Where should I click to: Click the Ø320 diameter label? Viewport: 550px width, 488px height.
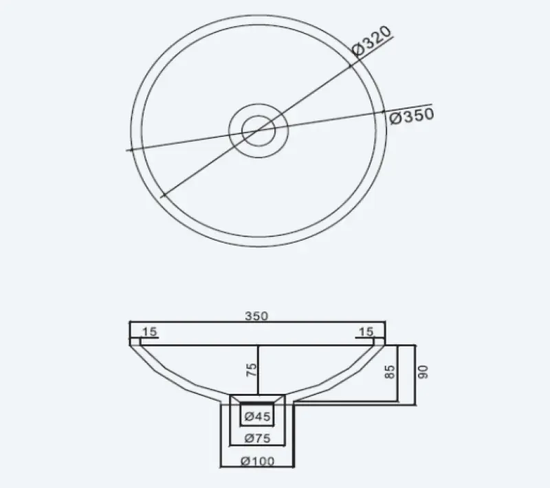(x=371, y=42)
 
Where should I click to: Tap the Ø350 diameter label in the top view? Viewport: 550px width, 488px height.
(x=412, y=116)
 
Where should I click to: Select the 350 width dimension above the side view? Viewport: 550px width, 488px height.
(x=256, y=316)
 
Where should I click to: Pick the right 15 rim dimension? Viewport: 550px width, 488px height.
(x=364, y=332)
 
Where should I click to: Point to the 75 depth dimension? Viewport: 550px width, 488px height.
(x=252, y=369)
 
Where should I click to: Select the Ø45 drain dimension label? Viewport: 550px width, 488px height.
(x=256, y=416)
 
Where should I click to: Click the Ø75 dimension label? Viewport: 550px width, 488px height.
(x=256, y=437)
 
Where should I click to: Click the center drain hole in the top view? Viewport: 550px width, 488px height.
(x=256, y=129)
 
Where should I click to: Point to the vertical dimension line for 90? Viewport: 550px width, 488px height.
(x=415, y=375)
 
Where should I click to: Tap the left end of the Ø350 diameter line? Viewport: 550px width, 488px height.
(x=128, y=149)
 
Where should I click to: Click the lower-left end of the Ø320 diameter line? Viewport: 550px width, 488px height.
(x=162, y=196)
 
